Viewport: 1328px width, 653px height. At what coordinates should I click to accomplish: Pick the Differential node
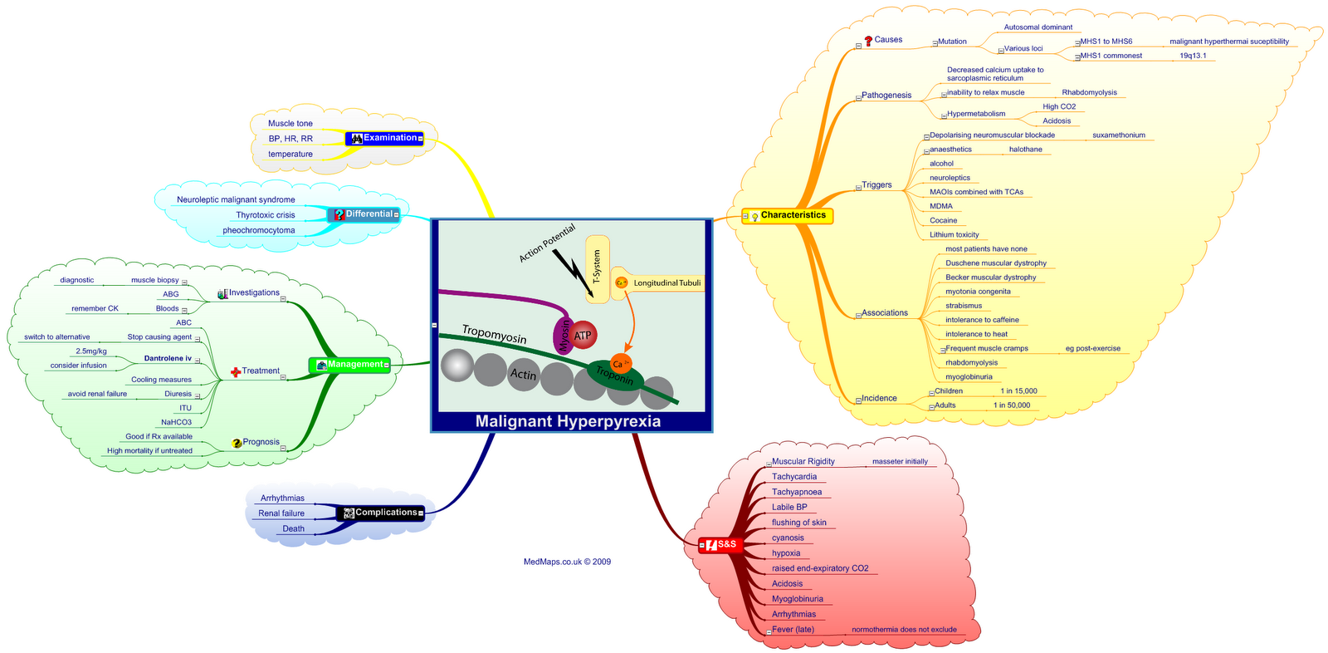[x=366, y=214]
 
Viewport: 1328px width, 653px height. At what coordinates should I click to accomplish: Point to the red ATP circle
[x=583, y=336]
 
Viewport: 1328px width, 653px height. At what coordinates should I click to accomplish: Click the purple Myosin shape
[x=564, y=336]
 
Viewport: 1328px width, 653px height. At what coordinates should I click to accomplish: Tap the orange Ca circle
[x=619, y=364]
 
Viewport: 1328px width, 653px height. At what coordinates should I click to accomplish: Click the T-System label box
[x=597, y=268]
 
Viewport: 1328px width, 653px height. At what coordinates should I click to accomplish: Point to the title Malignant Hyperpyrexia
[x=568, y=421]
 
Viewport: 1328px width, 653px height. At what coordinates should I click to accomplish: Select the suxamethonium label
[x=1118, y=135]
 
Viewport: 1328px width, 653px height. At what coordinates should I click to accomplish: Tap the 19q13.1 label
[x=1193, y=56]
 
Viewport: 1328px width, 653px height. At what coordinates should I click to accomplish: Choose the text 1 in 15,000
[x=1018, y=391]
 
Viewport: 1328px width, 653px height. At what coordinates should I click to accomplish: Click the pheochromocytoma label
[x=258, y=231]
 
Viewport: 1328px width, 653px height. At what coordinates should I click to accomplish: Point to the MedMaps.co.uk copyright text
[x=567, y=562]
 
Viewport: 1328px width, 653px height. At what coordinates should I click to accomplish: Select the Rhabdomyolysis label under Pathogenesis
[x=1089, y=93]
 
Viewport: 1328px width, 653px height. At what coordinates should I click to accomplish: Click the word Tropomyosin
[x=494, y=334]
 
